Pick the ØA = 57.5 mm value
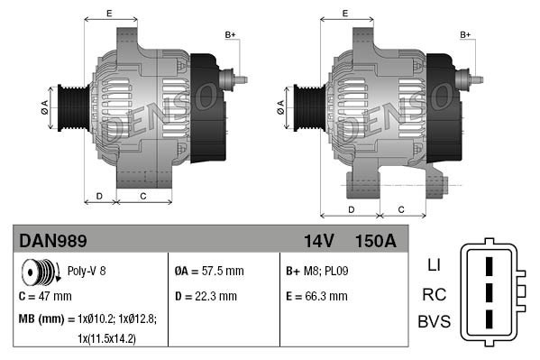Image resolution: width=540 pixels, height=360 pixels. tap(208, 271)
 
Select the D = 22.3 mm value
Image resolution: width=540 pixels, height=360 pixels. tap(206, 295)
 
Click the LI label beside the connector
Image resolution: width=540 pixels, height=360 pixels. tap(433, 266)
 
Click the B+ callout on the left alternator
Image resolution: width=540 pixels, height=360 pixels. tap(230, 34)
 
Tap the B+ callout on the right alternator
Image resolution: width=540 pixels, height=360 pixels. tap(466, 34)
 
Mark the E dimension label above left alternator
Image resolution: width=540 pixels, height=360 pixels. tap(109, 13)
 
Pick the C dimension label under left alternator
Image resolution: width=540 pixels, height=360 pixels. tap(143, 196)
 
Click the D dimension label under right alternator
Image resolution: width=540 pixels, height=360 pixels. tap(350, 209)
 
